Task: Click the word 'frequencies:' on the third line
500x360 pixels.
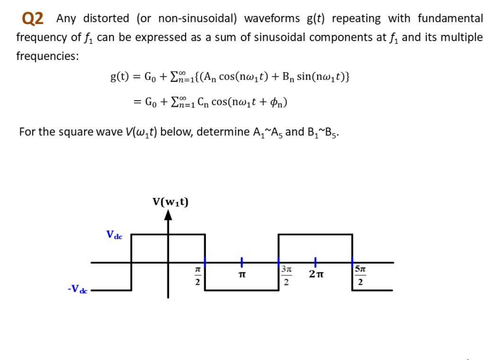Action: click(x=47, y=56)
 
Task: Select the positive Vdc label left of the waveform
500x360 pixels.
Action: click(x=114, y=234)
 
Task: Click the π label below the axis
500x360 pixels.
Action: click(x=242, y=274)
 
